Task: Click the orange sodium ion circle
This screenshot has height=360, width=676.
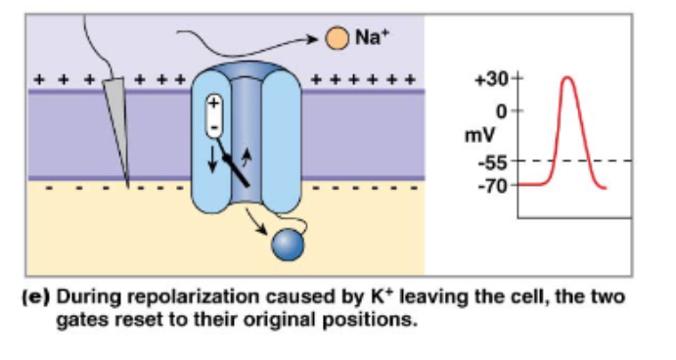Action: (x=337, y=38)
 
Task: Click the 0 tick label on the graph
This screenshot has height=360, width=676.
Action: (x=501, y=112)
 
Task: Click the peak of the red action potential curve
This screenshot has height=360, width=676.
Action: (x=569, y=77)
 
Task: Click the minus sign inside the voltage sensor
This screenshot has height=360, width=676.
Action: (x=213, y=126)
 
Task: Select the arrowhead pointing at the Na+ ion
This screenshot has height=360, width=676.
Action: (x=320, y=39)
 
